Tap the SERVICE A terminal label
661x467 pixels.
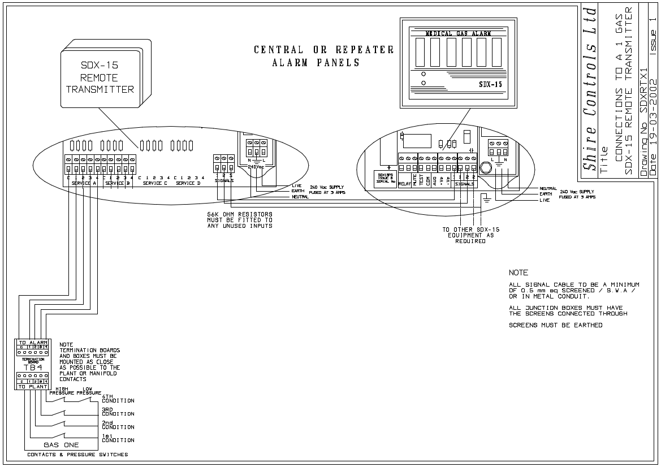pyautogui.click(x=84, y=183)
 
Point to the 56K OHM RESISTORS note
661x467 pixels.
pyautogui.click(x=240, y=220)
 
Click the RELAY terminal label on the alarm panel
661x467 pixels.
pyautogui.click(x=404, y=184)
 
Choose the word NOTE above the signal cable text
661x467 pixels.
pyautogui.click(x=519, y=273)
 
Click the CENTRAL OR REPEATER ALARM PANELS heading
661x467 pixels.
pyautogui.click(x=323, y=56)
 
